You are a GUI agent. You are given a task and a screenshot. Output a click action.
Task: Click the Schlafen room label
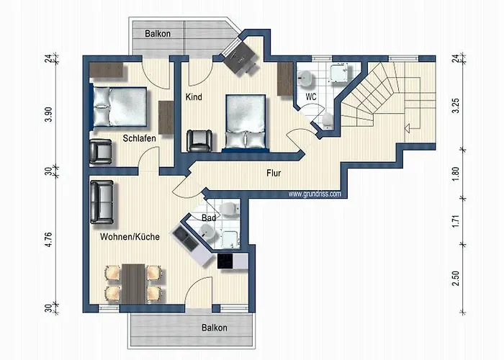[139, 138]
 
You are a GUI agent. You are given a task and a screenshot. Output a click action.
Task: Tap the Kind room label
[194, 96]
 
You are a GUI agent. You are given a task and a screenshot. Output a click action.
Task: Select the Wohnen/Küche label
[130, 237]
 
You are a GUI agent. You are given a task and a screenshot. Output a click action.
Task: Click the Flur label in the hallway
[274, 173]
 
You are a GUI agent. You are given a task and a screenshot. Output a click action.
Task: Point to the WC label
[311, 96]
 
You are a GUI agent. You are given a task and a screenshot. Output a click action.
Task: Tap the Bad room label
[209, 218]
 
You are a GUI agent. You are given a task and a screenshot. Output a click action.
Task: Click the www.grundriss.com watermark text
[315, 194]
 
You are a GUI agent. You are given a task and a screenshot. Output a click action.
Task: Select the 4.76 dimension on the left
[48, 240]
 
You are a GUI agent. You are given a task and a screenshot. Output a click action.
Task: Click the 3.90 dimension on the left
[48, 114]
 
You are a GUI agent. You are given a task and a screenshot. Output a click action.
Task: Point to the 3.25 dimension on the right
[456, 106]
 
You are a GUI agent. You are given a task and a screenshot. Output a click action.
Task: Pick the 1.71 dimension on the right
[456, 222]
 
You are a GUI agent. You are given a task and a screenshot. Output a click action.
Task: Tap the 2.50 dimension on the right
[456, 279]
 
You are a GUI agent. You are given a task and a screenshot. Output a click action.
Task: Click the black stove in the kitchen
[225, 261]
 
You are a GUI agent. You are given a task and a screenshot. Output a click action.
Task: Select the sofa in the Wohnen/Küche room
[102, 202]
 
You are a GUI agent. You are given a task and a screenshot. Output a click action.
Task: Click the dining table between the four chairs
[133, 284]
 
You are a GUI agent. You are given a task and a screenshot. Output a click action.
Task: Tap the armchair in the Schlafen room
[101, 152]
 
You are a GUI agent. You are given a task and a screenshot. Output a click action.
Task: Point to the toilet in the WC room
[328, 120]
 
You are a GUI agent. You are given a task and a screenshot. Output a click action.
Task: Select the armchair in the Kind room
[199, 140]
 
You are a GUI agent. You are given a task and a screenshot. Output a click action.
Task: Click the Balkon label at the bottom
[215, 328]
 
